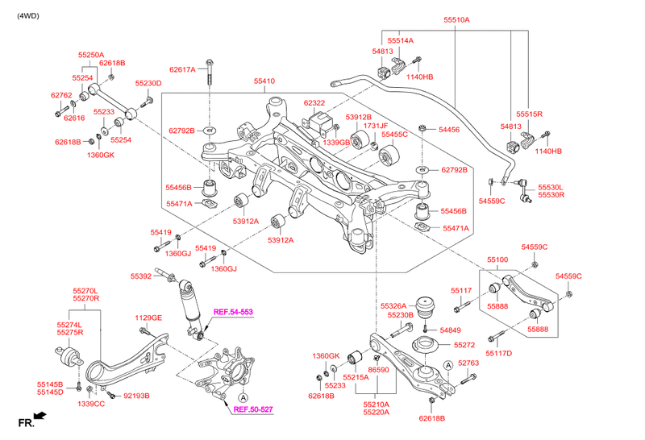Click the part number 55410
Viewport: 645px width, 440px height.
(264, 81)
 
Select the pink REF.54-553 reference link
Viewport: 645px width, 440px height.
(233, 312)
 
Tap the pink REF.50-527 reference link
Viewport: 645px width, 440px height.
(253, 409)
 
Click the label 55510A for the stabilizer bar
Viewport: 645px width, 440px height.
(456, 19)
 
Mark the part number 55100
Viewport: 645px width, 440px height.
(497, 260)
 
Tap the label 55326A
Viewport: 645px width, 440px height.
(394, 306)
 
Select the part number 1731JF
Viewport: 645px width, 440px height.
(376, 126)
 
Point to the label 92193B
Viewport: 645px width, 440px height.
(135, 396)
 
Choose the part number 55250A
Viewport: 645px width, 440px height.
(91, 55)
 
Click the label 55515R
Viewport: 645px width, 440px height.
(530, 114)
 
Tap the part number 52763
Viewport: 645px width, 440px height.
(468, 363)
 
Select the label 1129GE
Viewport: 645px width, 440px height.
(148, 318)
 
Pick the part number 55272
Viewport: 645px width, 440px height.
(464, 345)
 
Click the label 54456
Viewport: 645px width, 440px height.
(448, 129)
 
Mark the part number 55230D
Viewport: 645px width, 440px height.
(148, 83)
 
